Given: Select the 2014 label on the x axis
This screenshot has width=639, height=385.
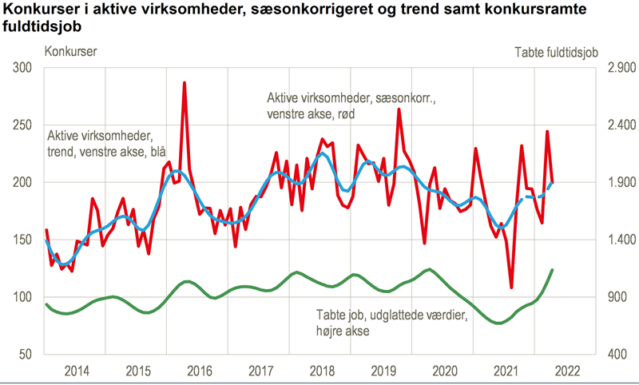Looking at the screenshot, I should [x=77, y=371].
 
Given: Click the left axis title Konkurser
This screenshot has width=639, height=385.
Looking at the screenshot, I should [x=72, y=52].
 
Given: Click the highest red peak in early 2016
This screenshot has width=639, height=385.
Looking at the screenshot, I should [x=185, y=83].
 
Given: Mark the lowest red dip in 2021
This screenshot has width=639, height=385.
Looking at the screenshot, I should [x=511, y=287].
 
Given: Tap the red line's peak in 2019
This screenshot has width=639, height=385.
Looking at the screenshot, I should [x=399, y=109].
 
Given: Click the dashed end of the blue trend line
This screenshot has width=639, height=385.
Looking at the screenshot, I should [x=542, y=193].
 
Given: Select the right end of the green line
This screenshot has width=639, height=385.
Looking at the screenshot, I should [x=552, y=270].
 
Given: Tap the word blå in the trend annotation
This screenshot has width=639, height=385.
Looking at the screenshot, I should [x=154, y=149].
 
